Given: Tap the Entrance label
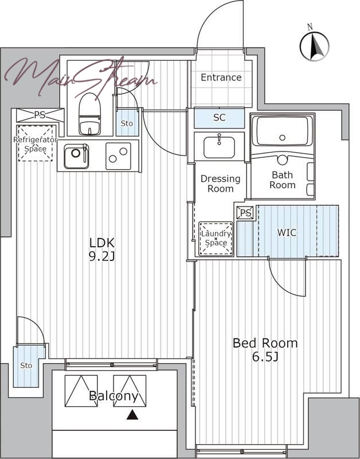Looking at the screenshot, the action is [221, 77].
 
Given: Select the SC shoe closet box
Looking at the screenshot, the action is [220, 118].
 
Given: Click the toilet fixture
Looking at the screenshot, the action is [89, 114].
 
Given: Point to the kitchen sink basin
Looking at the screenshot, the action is [76, 156].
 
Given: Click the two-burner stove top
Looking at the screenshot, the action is [118, 156].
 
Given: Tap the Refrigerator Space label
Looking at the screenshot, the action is [35, 144].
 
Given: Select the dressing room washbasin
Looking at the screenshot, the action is [220, 146].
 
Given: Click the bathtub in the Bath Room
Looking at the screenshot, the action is [282, 131].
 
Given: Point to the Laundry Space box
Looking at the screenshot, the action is [216, 239].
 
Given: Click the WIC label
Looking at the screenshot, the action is [287, 233].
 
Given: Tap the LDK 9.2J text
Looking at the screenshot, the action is [102, 249].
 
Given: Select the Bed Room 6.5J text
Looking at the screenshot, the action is [265, 349].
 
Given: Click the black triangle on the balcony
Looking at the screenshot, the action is [132, 415].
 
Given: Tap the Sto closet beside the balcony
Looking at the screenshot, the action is [26, 365].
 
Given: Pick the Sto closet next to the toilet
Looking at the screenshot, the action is [127, 123].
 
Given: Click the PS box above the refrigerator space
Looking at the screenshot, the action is [40, 115].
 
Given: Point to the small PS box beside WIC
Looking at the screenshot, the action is [246, 213].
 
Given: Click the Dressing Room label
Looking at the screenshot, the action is [221, 184].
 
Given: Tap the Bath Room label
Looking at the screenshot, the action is [283, 180].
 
